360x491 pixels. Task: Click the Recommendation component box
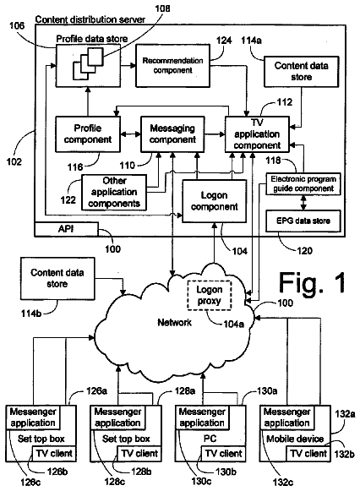[172, 65]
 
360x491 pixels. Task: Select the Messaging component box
[172, 134]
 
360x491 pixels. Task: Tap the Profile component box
[88, 134]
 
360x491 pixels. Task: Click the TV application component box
[257, 134]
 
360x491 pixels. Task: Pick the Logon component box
[214, 201]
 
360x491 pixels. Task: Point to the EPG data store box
[303, 221]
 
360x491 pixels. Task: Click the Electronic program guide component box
[303, 184]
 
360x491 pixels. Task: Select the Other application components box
[114, 193]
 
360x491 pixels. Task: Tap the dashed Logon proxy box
[209, 295]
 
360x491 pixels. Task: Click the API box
[66, 229]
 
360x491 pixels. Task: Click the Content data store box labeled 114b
[57, 278]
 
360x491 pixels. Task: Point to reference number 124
[224, 41]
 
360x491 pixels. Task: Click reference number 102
[14, 161]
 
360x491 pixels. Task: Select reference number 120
[304, 251]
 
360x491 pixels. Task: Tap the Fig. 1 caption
[312, 283]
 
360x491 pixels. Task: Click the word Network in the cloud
[174, 322]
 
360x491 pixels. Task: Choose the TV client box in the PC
[223, 454]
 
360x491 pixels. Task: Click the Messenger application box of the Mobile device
[287, 417]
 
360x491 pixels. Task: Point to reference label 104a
[233, 325]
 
